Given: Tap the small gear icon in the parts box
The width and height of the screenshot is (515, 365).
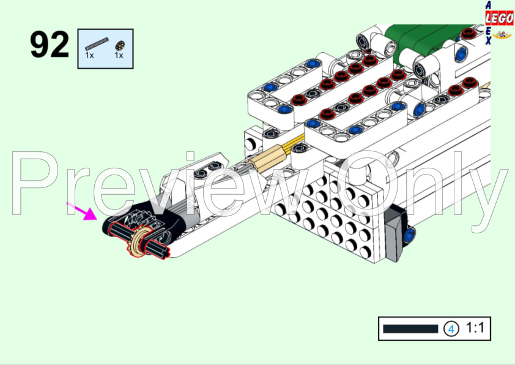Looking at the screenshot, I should pyautogui.click(x=120, y=45).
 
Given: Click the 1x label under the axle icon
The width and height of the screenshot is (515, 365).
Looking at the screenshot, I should pyautogui.click(x=89, y=56).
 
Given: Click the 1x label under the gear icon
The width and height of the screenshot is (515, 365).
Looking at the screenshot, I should pyautogui.click(x=119, y=56).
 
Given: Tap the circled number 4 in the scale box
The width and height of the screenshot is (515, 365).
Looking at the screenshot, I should pyautogui.click(x=451, y=329).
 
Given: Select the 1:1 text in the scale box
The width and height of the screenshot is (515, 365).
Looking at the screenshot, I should pyautogui.click(x=475, y=328).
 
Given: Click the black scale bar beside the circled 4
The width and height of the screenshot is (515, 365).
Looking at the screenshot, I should pyautogui.click(x=410, y=329).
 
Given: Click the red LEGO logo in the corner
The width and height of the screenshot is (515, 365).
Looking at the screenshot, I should pyautogui.click(x=499, y=18).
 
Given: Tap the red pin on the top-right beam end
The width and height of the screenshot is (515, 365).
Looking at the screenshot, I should pyautogui.click(x=469, y=33).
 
